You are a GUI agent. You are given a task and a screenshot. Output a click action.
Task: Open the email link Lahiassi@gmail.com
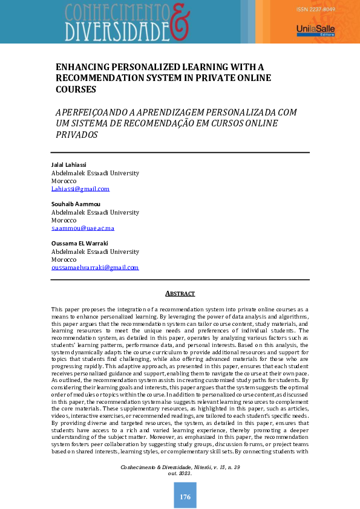coord(80,189)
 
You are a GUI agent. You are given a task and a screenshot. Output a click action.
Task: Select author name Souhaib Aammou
coord(76,204)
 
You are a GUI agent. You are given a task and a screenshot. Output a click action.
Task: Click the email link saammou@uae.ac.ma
coord(83,229)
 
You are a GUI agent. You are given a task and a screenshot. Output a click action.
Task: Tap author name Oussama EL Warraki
coord(80,244)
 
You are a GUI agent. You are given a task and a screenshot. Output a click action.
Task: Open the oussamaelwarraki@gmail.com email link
coord(95,267)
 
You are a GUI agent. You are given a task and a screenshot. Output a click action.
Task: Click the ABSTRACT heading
coord(180,294)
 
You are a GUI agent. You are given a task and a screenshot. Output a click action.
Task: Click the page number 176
coord(185,497)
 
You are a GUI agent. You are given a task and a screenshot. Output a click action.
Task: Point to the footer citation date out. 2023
coord(180,473)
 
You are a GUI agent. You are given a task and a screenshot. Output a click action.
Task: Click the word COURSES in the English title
coord(76,89)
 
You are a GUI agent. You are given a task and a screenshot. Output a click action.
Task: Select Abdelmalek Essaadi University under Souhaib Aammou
coord(95,213)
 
